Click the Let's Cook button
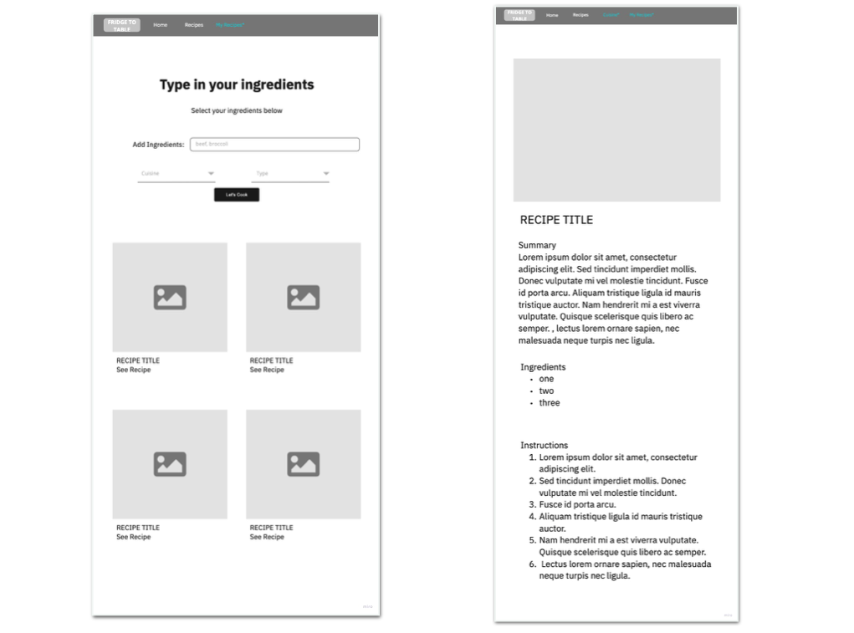click(237, 195)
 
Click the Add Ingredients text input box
click(274, 145)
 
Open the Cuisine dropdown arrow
click(211, 174)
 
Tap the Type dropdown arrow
click(325, 174)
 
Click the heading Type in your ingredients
click(237, 84)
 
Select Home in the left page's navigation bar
click(160, 25)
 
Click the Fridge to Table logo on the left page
click(122, 25)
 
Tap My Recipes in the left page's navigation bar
click(230, 25)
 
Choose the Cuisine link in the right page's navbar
click(611, 15)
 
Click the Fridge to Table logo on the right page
click(519, 15)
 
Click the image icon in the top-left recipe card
click(170, 298)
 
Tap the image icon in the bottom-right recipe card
click(303, 464)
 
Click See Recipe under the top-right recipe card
click(267, 370)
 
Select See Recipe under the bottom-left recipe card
click(134, 537)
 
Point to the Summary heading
click(537, 245)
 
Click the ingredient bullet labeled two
click(546, 391)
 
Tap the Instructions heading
click(544, 445)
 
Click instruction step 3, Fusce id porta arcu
click(577, 504)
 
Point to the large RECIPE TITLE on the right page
click(556, 220)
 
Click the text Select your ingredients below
click(237, 110)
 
